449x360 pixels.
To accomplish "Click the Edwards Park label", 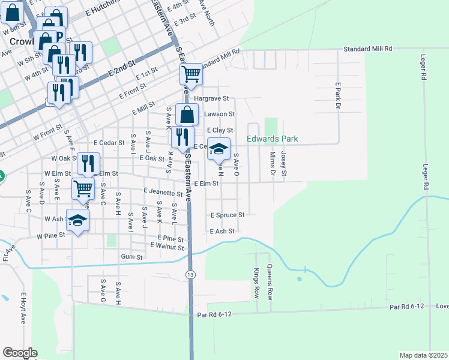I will pyautogui.click(x=273, y=139).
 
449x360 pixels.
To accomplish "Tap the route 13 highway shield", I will pyautogui.click(x=190, y=274).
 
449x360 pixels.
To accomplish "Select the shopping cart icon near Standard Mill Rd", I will pyautogui.click(x=191, y=74).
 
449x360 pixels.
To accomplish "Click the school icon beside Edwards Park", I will pyautogui.click(x=218, y=149).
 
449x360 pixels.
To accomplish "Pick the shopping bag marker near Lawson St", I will pyautogui.click(x=187, y=114).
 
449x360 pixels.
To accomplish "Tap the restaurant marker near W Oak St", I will pyautogui.click(x=88, y=163).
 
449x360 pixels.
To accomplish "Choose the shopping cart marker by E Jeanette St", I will pyautogui.click(x=83, y=188).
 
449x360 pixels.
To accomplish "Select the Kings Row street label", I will pyautogui.click(x=256, y=284).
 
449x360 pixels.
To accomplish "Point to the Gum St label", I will pyautogui.click(x=131, y=257).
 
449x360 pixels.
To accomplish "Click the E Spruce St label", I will pyautogui.click(x=227, y=215).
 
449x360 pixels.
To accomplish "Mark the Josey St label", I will pyautogui.click(x=284, y=164).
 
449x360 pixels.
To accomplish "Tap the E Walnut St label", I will pyautogui.click(x=166, y=245).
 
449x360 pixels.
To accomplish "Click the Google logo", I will pyautogui.click(x=20, y=353).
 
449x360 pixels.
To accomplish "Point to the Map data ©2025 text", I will pyautogui.click(x=424, y=355).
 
